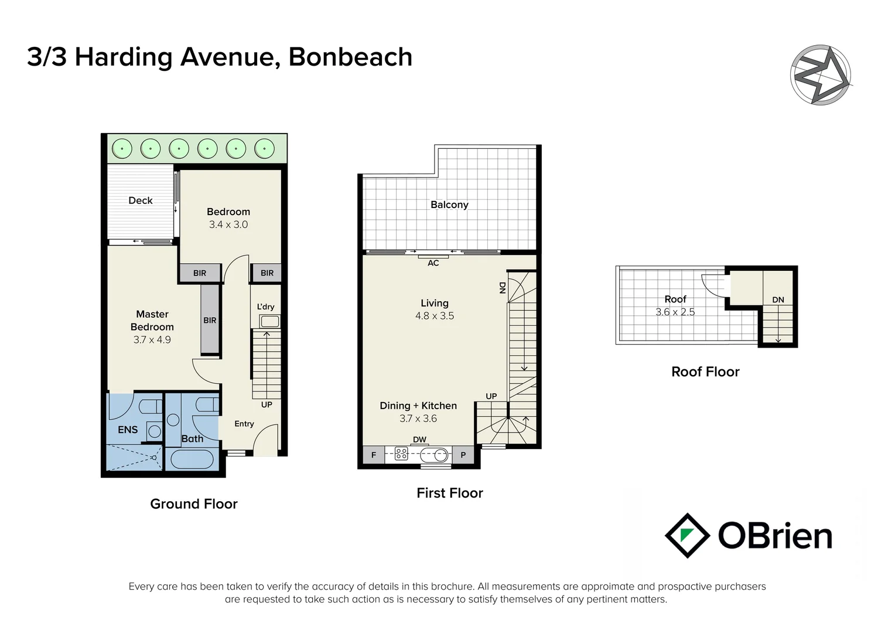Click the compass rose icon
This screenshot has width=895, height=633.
click(x=821, y=75)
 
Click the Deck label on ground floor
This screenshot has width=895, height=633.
click(x=141, y=200)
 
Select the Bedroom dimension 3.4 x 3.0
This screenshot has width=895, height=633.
click(x=228, y=224)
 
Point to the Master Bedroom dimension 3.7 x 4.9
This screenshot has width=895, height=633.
click(x=152, y=340)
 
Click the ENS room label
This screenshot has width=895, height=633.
click(x=128, y=430)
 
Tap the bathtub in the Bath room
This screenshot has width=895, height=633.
click(x=190, y=459)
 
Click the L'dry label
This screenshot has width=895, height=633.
click(x=265, y=307)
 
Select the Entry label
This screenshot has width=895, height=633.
click(x=244, y=424)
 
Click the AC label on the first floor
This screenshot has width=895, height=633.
click(x=433, y=263)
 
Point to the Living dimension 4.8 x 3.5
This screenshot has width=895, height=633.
click(x=435, y=316)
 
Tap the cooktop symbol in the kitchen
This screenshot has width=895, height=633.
click(x=401, y=454)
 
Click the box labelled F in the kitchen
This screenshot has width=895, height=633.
click(x=374, y=455)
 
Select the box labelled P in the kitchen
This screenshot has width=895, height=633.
click(x=463, y=455)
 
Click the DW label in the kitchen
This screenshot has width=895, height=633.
click(x=419, y=440)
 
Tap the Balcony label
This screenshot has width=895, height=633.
click(x=449, y=205)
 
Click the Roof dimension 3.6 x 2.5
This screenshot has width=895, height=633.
click(x=675, y=312)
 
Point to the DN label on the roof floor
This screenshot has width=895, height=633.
click(x=778, y=300)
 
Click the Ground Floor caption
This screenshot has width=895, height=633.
click(x=194, y=504)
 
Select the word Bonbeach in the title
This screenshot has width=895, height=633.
click(x=350, y=57)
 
